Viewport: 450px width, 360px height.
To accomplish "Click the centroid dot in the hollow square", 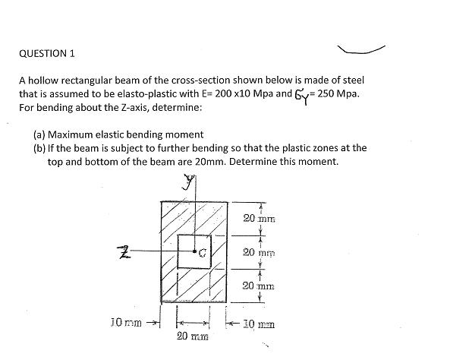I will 195,250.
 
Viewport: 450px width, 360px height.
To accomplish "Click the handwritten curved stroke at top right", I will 365,50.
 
